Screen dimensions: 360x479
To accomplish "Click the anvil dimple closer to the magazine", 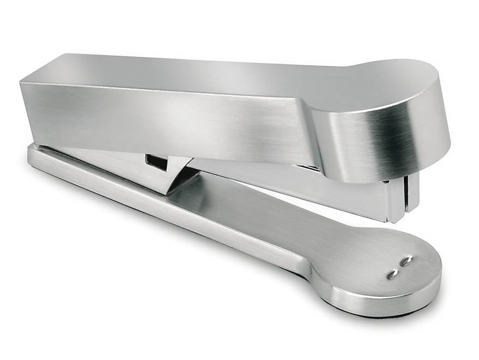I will [x=406, y=261].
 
